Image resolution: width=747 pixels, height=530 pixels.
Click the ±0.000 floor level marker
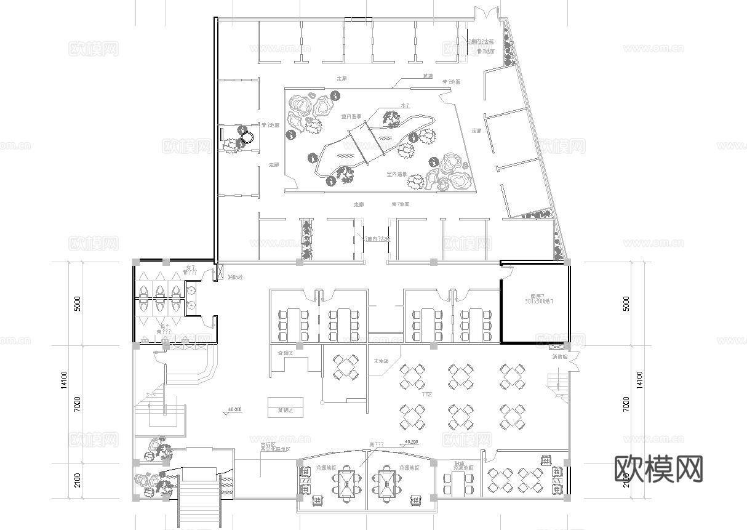click(234, 409)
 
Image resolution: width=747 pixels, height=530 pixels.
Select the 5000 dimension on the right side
click(626, 303)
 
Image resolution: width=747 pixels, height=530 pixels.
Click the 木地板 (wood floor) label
click(381, 361)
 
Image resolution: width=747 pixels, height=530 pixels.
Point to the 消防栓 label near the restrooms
click(234, 277)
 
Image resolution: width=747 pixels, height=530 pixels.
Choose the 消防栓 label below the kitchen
click(557, 356)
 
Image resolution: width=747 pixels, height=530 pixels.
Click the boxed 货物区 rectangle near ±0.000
click(284, 408)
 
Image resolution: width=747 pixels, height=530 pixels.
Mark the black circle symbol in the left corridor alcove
click(247, 139)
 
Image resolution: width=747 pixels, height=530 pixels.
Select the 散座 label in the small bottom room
click(459, 463)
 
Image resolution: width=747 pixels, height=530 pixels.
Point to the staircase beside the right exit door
click(557, 383)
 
